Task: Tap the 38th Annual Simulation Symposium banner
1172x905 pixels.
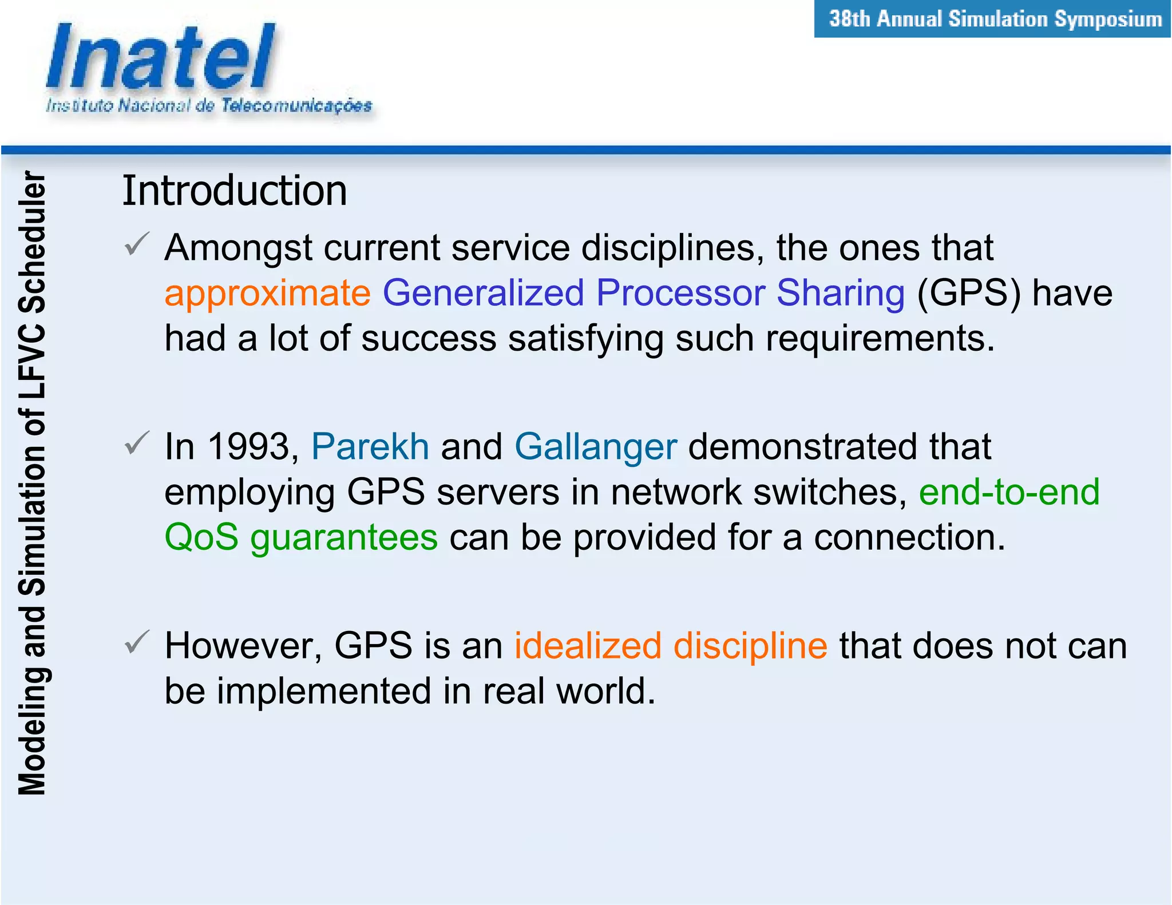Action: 995,19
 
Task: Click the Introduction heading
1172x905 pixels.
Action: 235,190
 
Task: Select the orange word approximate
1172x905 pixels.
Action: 267,293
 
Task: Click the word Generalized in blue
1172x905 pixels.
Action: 483,293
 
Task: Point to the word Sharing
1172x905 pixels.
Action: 841,293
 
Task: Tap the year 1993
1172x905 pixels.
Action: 250,447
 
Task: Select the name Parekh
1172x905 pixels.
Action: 370,447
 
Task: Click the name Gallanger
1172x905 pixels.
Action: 596,447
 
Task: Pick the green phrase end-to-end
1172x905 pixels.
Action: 1009,492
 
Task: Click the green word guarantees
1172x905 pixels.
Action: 344,538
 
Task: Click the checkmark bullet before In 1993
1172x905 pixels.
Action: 137,443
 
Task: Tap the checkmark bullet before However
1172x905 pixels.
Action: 137,642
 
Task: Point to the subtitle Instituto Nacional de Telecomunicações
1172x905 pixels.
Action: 209,106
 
